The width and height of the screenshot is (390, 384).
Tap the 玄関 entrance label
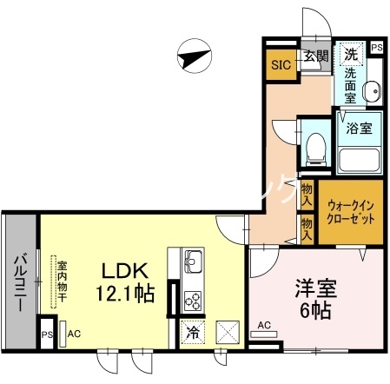click(x=316, y=57)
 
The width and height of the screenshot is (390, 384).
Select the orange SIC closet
click(x=281, y=63)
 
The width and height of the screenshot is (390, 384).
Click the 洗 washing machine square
click(x=350, y=54)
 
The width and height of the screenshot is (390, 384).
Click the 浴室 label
click(x=359, y=129)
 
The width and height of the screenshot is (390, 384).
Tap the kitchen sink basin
click(x=193, y=260)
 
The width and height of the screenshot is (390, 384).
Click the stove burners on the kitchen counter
click(x=193, y=300)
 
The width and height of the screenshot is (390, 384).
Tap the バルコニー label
click(x=18, y=283)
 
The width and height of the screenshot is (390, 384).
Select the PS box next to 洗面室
click(x=376, y=48)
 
